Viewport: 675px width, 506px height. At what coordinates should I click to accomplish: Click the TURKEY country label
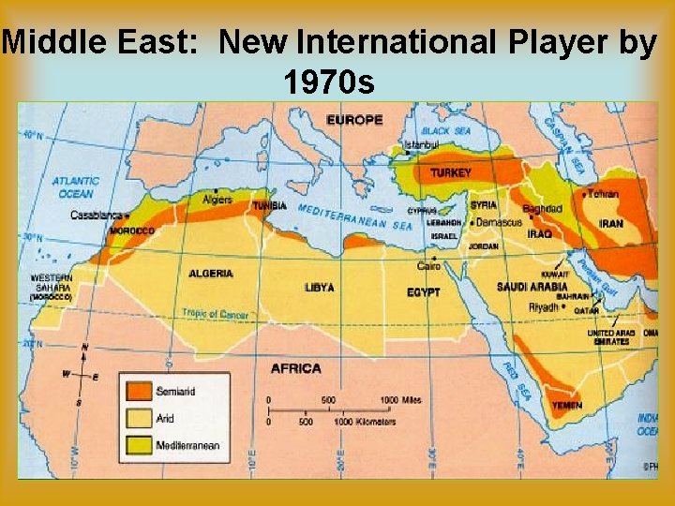[x=451, y=173]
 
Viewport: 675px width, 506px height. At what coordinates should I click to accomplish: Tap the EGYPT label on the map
[x=424, y=292]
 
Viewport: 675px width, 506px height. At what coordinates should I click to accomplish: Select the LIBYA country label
[x=319, y=288]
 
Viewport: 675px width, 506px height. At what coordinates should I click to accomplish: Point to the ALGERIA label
[x=211, y=274]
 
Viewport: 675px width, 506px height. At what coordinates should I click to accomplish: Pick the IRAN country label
[x=611, y=224]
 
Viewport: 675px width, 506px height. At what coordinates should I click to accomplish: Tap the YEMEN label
[x=566, y=406]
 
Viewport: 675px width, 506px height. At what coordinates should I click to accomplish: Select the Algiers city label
[x=217, y=200]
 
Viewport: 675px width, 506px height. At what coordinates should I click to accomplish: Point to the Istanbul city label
[x=421, y=146]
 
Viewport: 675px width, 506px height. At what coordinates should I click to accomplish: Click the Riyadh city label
[x=544, y=306]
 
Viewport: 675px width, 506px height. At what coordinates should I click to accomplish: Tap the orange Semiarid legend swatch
[x=140, y=392]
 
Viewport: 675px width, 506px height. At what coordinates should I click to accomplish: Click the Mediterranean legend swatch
[x=140, y=444]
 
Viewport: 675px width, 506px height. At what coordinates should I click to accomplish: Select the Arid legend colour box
[x=140, y=418]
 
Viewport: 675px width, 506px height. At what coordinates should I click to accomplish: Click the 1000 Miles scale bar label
[x=400, y=400]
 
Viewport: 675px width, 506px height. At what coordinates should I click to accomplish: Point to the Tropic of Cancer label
[x=215, y=315]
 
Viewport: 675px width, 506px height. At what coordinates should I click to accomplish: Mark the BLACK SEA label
[x=445, y=131]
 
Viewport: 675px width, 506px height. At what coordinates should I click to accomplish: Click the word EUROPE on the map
[x=353, y=120]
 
